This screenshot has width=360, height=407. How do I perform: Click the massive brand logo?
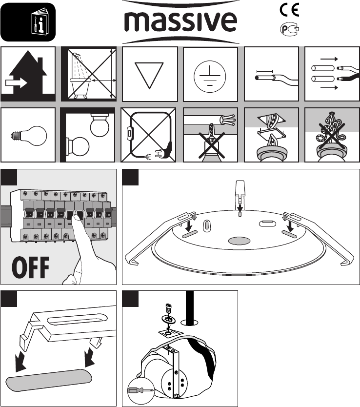point(180,22)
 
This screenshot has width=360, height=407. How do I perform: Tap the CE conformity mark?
point(289,10)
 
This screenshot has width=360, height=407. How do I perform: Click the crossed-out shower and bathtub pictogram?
point(89,74)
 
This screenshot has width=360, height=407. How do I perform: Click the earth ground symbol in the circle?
point(210,76)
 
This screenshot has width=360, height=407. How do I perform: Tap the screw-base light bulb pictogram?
point(29,136)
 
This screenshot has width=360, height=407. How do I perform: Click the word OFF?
point(31,267)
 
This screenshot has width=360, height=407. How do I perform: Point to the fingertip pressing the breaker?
point(76,219)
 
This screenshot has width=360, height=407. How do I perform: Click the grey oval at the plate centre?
point(239,241)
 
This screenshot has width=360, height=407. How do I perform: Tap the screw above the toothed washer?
point(169,308)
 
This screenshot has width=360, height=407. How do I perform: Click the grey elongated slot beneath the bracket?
point(49,380)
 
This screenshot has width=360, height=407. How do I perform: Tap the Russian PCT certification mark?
point(289,29)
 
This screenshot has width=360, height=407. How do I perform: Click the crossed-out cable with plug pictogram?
point(148,135)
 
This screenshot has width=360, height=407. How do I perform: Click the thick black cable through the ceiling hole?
point(190,307)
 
